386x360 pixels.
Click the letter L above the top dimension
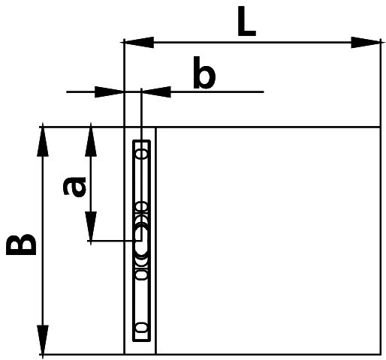click(x=246, y=21)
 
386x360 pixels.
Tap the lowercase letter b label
click(x=204, y=73)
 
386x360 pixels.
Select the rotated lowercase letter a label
click(x=74, y=187)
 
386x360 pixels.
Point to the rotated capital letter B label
click(x=21, y=244)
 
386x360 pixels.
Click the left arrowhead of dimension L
click(x=138, y=42)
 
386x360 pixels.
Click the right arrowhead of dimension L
click(x=366, y=43)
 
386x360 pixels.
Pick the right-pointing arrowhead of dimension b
click(x=110, y=92)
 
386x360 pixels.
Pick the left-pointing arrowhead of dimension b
click(x=156, y=92)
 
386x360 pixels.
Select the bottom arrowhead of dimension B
click(x=43, y=340)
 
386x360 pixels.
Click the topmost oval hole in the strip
click(x=142, y=153)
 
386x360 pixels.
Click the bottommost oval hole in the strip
click(x=142, y=327)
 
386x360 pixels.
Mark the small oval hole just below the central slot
click(x=142, y=274)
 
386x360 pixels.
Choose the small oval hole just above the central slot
click(x=142, y=207)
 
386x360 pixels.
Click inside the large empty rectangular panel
click(x=268, y=241)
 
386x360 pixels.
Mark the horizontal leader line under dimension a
click(x=115, y=241)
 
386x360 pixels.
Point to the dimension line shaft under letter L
click(x=252, y=43)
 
